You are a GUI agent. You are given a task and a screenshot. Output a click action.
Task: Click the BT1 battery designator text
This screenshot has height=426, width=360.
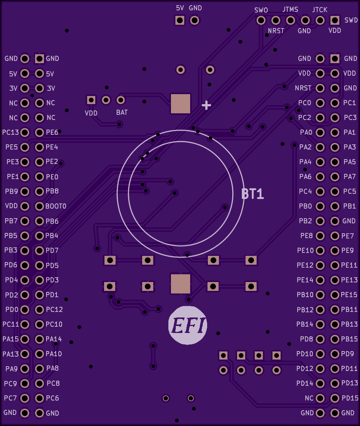(x=253, y=194)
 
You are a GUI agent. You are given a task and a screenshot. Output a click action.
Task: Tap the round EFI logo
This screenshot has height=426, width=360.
(x=188, y=325)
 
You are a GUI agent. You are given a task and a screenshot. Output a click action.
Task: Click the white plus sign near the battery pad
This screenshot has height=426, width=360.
(x=206, y=105)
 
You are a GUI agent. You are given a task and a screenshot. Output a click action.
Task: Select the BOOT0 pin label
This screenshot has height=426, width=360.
(x=56, y=206)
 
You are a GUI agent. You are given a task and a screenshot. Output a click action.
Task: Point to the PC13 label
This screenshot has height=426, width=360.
(x=11, y=132)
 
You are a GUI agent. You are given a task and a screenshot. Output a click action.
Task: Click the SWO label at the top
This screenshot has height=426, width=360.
(x=261, y=10)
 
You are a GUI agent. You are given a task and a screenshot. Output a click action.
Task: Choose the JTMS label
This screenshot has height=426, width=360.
(x=290, y=10)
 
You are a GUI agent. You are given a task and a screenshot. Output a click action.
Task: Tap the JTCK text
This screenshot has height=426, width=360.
(x=320, y=10)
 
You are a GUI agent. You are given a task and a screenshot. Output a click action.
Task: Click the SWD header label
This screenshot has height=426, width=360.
(x=351, y=20)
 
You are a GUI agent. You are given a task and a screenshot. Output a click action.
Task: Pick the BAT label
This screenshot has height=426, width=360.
(x=122, y=112)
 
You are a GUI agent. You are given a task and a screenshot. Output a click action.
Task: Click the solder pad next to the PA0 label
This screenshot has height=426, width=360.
(x=320, y=132)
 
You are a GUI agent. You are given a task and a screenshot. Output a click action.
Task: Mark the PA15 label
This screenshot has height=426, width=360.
(x=11, y=339)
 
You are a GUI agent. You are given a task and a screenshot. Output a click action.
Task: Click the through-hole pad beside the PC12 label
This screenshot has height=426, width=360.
(x=40, y=309)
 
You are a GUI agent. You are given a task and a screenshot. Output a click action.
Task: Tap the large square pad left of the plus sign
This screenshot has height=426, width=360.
(x=181, y=103)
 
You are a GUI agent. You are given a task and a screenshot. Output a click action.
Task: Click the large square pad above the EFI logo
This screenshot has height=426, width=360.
(x=181, y=284)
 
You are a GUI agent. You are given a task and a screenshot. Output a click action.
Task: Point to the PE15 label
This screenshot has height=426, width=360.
(x=349, y=295)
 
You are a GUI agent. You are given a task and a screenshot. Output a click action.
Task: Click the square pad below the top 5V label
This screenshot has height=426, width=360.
(x=180, y=20)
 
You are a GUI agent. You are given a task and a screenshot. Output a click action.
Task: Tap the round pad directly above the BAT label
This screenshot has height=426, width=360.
(x=121, y=100)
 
